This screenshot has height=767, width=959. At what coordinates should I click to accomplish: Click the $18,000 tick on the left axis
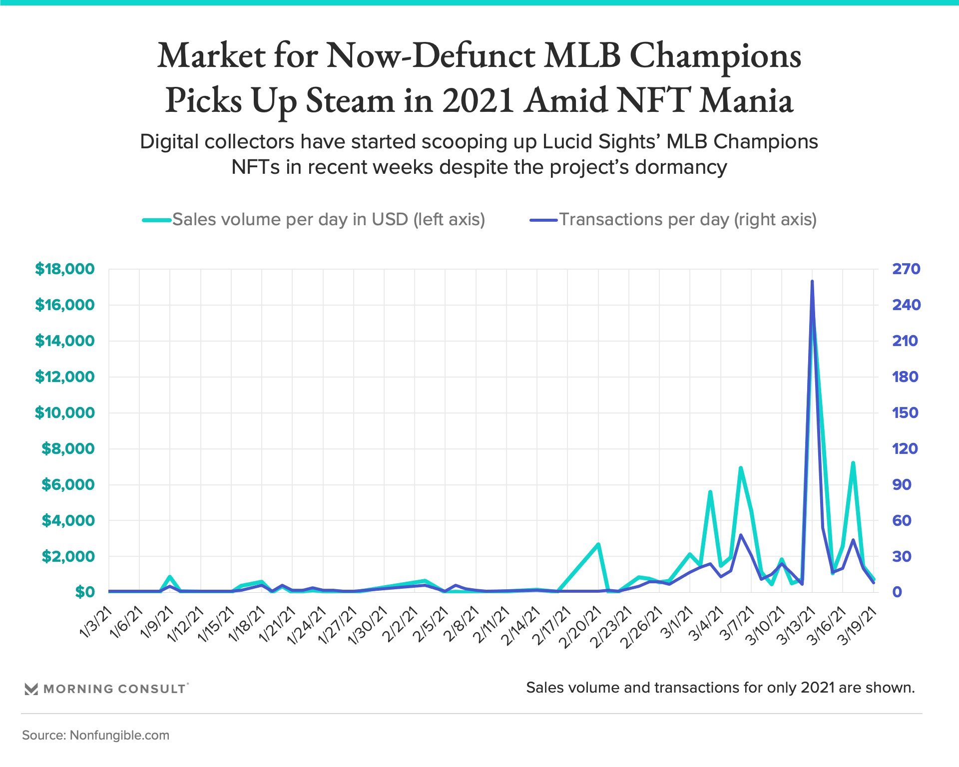(64, 269)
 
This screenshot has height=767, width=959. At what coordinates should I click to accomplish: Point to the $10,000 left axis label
(64, 413)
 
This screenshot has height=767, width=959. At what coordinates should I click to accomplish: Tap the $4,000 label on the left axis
(68, 521)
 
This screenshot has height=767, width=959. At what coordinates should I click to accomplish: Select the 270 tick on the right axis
(906, 269)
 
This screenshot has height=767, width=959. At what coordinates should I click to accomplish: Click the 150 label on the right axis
(905, 413)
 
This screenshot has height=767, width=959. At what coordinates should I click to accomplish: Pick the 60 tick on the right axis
(902, 521)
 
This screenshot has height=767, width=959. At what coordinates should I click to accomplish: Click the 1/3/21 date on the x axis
(96, 622)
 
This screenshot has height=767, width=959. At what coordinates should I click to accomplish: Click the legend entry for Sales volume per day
(328, 220)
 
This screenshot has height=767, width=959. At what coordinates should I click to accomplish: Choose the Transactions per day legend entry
(687, 220)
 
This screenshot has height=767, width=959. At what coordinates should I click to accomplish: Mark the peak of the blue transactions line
(812, 282)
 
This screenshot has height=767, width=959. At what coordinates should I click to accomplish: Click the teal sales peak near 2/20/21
(598, 544)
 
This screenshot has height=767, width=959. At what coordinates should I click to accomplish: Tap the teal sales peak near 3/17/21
(853, 463)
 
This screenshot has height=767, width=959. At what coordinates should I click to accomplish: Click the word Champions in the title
(715, 56)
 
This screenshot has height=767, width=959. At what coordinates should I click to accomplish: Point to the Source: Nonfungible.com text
(96, 735)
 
